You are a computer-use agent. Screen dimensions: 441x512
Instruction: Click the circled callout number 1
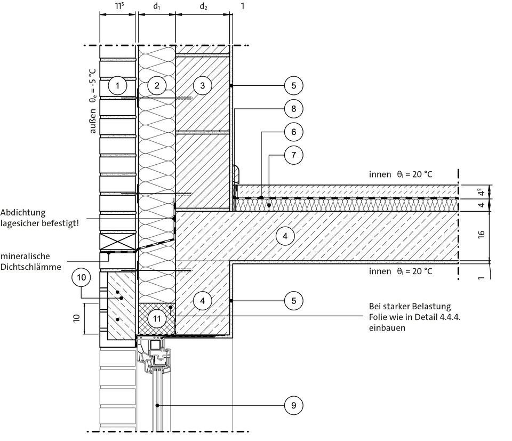click(118, 85)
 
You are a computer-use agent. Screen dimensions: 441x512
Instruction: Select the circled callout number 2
click(157, 85)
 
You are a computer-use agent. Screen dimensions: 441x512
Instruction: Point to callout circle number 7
click(293, 155)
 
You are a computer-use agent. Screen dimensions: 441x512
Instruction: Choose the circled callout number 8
click(293, 109)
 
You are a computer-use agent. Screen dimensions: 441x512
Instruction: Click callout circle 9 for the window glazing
click(293, 406)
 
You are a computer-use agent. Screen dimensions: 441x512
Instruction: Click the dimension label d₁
click(156, 7)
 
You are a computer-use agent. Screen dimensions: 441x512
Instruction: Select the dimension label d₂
click(203, 7)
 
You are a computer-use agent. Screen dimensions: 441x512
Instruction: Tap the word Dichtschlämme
click(30, 267)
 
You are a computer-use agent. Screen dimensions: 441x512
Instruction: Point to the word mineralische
click(33, 256)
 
